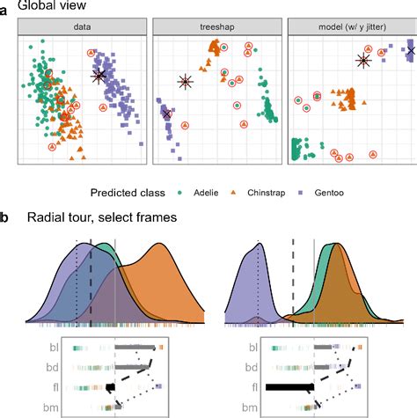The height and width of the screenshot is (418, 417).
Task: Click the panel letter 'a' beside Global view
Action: click(x=6, y=10)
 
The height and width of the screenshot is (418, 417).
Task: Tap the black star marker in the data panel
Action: click(x=99, y=76)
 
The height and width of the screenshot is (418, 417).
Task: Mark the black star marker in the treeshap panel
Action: click(x=185, y=82)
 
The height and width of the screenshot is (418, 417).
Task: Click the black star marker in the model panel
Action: click(x=362, y=60)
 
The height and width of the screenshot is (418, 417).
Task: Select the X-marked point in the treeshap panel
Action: click(x=167, y=114)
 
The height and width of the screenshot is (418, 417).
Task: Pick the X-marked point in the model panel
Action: click(x=411, y=52)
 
